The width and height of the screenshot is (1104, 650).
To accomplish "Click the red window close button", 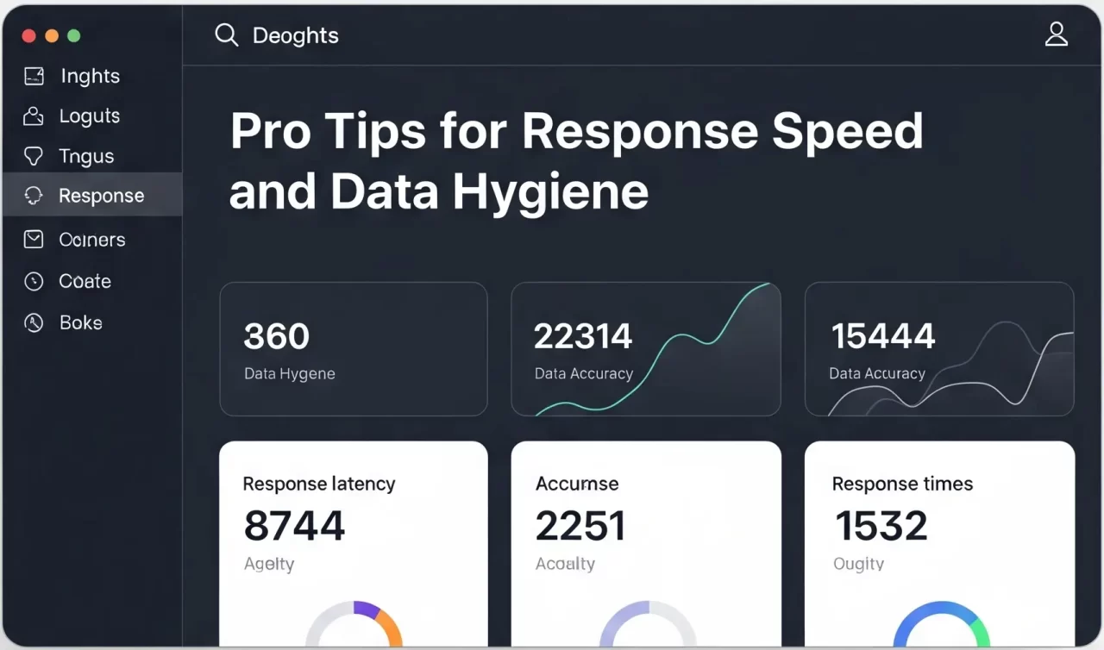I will click(x=28, y=35).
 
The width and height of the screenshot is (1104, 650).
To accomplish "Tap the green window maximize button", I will click(x=74, y=35).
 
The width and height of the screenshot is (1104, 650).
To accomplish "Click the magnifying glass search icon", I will click(x=226, y=35).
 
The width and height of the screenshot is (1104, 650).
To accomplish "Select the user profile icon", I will click(x=1056, y=34).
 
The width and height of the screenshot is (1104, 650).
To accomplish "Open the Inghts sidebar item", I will click(x=90, y=76).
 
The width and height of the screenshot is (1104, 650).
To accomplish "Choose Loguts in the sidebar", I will click(x=89, y=116).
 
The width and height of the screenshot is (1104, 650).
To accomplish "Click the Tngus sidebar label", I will click(x=86, y=156).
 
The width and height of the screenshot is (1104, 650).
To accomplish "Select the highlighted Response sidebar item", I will click(x=101, y=196).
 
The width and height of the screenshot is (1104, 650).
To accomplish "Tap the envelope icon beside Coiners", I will click(x=34, y=240).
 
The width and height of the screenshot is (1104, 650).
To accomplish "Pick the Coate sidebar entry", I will click(x=85, y=281).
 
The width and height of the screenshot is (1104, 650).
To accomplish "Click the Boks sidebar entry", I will click(x=80, y=322).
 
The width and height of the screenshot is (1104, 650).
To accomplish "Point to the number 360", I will click(x=276, y=336).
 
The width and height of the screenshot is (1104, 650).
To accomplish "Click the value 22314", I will click(x=583, y=336).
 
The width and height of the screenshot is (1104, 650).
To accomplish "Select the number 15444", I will click(x=882, y=336).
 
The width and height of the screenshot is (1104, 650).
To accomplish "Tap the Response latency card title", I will click(x=318, y=484).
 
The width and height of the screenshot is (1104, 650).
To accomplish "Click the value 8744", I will click(x=294, y=525).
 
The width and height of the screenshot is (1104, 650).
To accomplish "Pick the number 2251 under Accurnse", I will click(x=580, y=525).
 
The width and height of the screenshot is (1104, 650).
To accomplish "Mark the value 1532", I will click(x=881, y=525).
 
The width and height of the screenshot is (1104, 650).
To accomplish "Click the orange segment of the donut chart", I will click(x=392, y=628).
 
